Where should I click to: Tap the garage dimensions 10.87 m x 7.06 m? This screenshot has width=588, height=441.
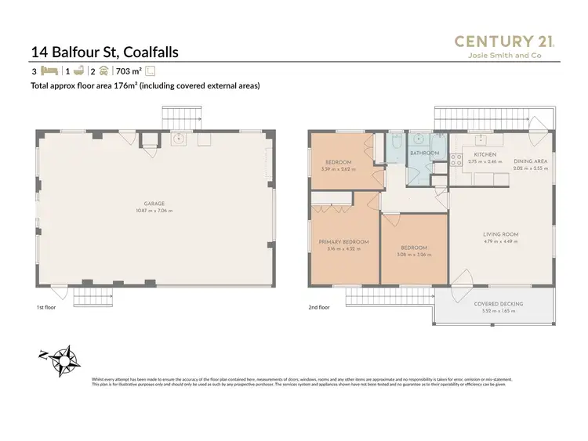[x=154, y=210]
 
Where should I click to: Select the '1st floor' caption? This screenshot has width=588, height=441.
[x=45, y=308]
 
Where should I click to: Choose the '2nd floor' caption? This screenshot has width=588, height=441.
[x=320, y=308]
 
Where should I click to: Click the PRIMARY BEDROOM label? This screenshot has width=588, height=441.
[x=344, y=242]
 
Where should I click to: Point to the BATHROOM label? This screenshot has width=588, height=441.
[x=424, y=154]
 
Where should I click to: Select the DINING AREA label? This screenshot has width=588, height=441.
[x=531, y=161]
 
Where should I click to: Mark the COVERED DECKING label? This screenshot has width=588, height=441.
[x=499, y=304]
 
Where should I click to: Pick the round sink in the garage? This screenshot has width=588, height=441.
[x=178, y=139]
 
